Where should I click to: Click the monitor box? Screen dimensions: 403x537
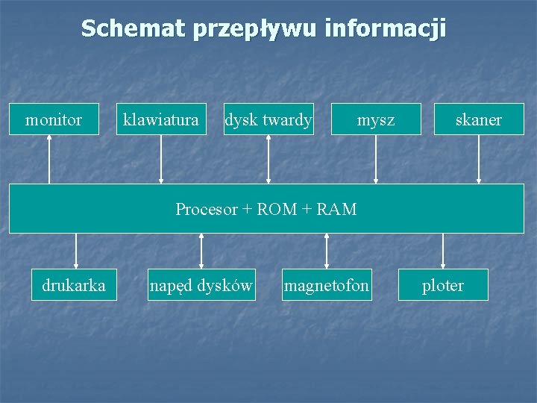click(54, 119)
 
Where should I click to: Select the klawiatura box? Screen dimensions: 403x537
click(161, 119)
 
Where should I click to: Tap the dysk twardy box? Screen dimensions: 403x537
click(268, 119)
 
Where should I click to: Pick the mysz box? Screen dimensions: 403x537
click(376, 119)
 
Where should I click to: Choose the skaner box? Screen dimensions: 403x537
click(479, 119)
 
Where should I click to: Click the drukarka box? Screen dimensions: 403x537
click(74, 285)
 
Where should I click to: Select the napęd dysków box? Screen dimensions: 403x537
click(201, 285)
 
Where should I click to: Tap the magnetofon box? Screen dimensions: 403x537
click(326, 285)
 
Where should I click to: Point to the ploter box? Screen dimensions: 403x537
click(443, 285)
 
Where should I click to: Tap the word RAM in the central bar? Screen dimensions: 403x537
click(337, 209)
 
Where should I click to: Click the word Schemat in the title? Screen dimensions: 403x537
click(134, 28)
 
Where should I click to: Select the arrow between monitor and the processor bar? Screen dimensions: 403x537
click(50, 159)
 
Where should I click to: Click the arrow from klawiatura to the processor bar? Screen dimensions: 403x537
click(161, 159)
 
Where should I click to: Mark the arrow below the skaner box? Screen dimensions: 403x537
click(479, 159)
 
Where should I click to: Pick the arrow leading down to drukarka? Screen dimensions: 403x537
click(75, 251)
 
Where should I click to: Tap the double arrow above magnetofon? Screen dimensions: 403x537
click(326, 251)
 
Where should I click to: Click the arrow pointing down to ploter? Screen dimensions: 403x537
click(443, 251)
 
